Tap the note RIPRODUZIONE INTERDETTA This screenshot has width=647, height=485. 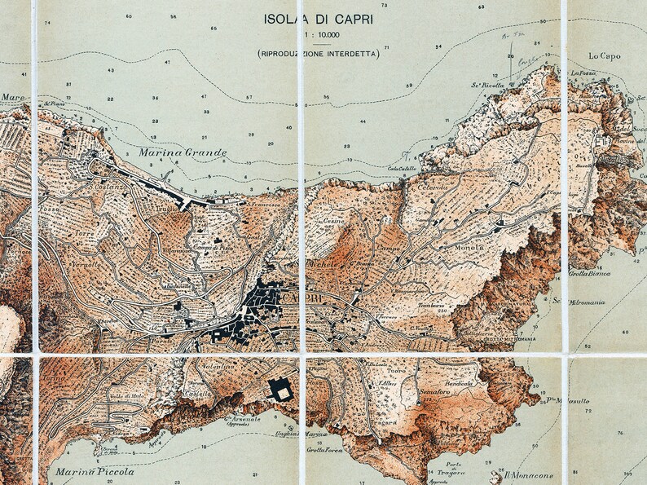tap(318, 54)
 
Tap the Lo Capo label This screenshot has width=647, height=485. tap(604, 56)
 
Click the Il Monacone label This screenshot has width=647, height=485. tap(529, 476)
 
